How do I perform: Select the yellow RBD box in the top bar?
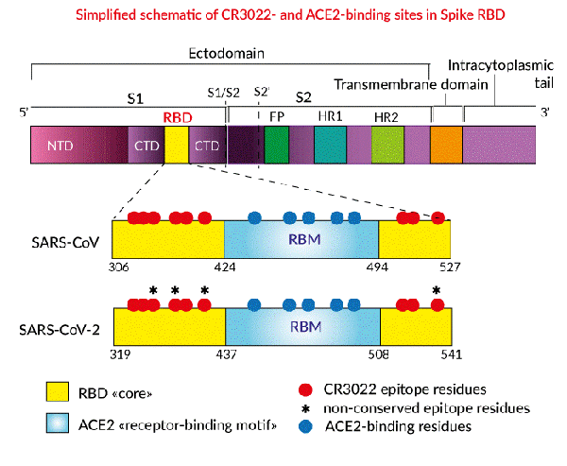tap(177, 147)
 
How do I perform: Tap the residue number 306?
tap(120, 267)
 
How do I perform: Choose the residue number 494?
tap(379, 267)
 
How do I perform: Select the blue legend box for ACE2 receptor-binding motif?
tap(57, 424)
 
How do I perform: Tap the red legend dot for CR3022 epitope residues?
tap(303, 389)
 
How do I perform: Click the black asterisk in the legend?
tap(303, 408)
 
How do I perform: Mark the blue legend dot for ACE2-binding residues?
tap(303, 426)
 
